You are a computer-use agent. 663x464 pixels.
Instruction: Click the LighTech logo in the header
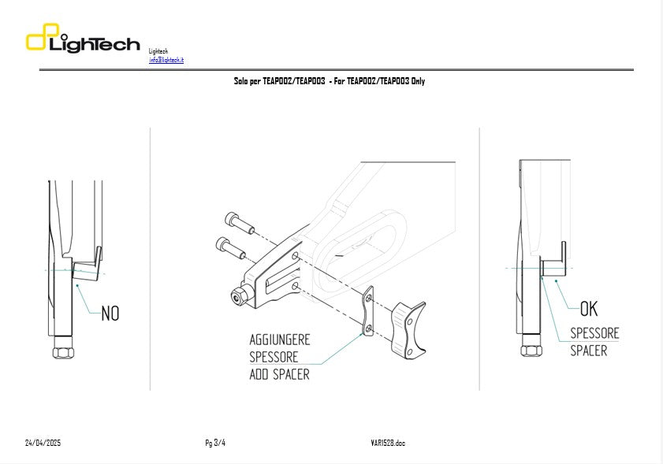click(83, 40)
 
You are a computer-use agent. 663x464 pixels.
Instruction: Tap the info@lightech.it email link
click(166, 60)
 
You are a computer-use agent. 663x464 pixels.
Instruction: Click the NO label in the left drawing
click(110, 314)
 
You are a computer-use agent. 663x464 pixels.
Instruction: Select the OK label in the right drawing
click(588, 308)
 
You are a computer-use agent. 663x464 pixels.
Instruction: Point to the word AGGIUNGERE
click(280, 340)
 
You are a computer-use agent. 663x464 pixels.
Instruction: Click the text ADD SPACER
click(279, 374)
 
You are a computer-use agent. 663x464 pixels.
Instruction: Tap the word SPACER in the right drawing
click(588, 350)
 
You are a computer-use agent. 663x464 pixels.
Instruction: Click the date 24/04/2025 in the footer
click(43, 443)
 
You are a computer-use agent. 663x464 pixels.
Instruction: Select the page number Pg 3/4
click(214, 443)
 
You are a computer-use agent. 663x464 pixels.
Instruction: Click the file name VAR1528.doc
click(388, 443)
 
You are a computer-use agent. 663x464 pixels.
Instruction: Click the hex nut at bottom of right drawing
click(531, 350)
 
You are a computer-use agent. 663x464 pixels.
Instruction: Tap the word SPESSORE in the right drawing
click(594, 332)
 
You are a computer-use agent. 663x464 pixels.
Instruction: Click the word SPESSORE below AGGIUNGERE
click(274, 357)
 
